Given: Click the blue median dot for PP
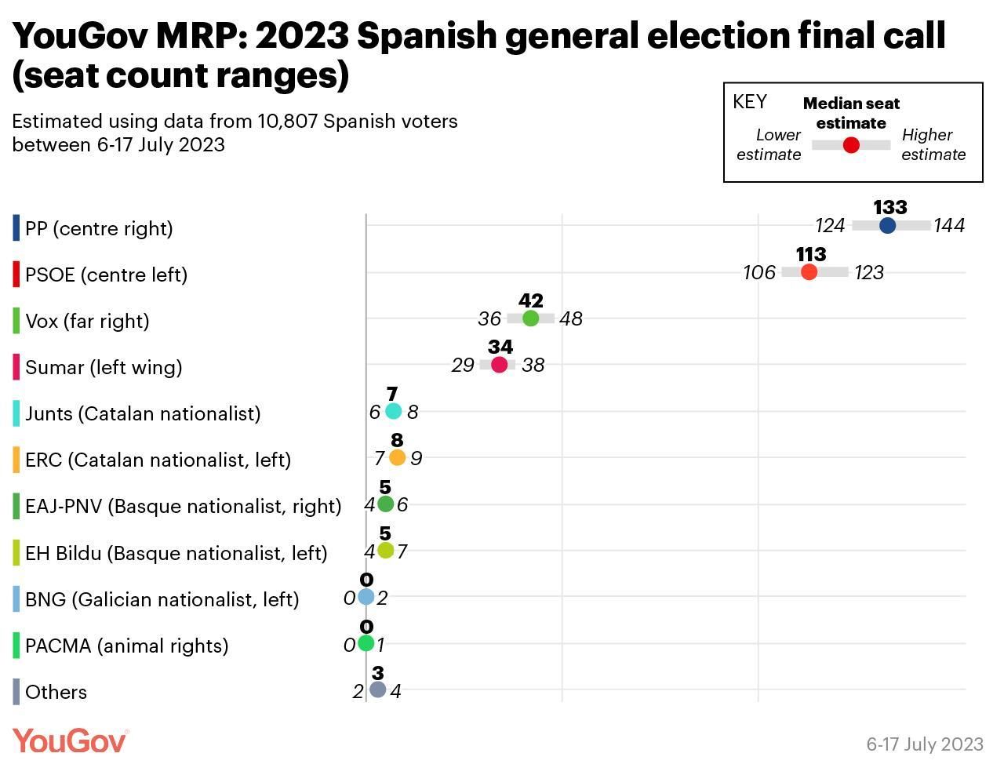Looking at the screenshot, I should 887,226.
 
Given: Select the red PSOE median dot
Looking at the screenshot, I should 809,272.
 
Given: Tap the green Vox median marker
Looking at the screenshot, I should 531,318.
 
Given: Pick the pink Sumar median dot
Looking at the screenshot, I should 500,365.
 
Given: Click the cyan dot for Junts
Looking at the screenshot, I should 394,411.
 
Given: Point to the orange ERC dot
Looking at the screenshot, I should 398,457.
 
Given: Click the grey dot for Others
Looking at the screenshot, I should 378,689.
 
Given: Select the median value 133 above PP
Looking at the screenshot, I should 890,208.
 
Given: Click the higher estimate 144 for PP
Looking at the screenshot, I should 949,226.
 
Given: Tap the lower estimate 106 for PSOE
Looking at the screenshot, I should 759,273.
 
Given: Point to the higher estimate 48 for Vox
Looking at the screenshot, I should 571,319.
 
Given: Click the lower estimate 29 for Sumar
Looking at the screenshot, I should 463,366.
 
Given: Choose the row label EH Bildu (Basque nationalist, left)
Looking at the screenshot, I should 176,553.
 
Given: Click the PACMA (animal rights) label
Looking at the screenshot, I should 127,646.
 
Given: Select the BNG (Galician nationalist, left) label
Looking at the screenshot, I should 162,599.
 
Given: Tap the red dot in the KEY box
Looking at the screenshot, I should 851,145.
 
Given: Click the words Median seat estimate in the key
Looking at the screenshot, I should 851,113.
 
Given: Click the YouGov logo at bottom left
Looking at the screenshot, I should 70,740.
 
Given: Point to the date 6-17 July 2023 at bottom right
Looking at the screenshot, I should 925,744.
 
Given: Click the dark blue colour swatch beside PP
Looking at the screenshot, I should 16,228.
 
